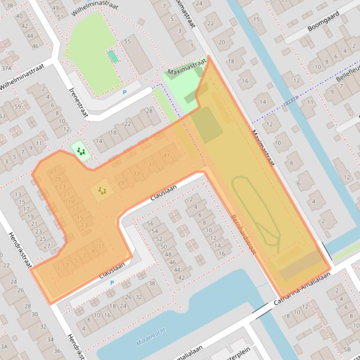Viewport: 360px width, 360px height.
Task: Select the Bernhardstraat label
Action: coord(243,235)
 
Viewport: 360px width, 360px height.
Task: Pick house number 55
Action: coord(127,42)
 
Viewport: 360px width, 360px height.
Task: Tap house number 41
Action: coord(166,155)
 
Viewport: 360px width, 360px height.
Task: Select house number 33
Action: coord(136,173)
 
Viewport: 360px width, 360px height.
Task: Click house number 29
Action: coord(121,182)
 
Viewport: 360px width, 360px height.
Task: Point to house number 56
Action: coord(150,223)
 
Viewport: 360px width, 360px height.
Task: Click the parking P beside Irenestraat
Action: coord(124,93)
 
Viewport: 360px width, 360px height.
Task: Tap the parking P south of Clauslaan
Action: coord(111,283)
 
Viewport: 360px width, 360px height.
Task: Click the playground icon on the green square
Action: coord(81,151)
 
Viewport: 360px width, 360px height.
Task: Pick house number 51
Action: coord(60,17)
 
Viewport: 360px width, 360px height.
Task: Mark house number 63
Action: coord(2,116)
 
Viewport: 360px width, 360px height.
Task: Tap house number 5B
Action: coord(346,349)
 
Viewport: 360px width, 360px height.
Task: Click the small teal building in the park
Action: coord(112,56)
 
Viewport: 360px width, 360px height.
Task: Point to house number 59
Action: coord(18,107)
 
